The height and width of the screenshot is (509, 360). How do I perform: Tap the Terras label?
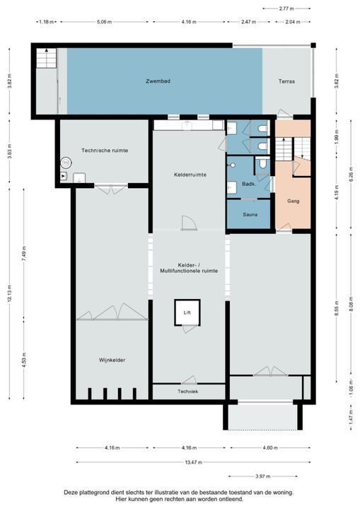[x=286, y=81]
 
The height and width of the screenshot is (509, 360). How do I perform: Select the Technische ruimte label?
[x=104, y=151]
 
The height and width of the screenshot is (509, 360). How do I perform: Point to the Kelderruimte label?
[x=190, y=175]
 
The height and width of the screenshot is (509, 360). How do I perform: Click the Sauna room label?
[x=250, y=214]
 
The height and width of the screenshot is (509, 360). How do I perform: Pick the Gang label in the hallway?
[x=293, y=201]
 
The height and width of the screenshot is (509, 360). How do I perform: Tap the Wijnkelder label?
[x=112, y=360]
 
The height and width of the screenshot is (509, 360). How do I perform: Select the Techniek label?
[x=187, y=391]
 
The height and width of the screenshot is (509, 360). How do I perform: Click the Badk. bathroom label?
[x=248, y=183]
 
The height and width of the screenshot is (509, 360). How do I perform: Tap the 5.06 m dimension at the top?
[x=103, y=22]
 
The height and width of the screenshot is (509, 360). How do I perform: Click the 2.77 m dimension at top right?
[x=286, y=8]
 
